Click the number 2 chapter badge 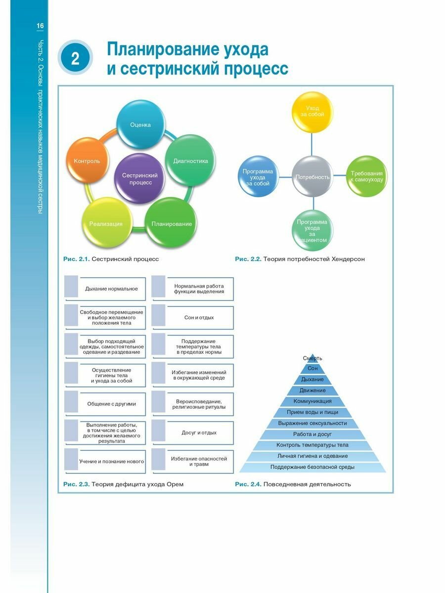[75, 58]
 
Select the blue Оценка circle [140, 125]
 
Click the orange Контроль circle [87, 161]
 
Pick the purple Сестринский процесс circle [140, 179]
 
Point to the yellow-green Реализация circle [106, 223]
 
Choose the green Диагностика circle [190, 161]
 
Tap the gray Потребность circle [312, 176]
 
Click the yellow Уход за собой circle [315, 111]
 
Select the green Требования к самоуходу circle [366, 176]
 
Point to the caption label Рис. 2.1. [76, 259]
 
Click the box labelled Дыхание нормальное [111, 289]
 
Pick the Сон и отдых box [199, 317]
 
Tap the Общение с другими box [111, 404]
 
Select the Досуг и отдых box [199, 432]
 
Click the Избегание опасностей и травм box [199, 462]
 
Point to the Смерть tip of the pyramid [312, 358]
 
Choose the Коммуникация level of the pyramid [312, 401]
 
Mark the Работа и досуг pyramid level [312, 434]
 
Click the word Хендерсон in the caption [346, 259]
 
